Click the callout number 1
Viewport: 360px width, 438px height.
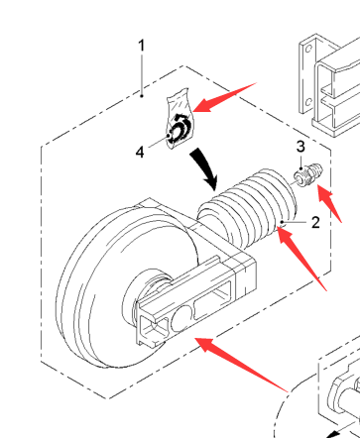coord(142,46)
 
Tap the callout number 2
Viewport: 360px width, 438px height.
coord(315,223)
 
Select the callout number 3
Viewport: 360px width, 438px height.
coord(300,147)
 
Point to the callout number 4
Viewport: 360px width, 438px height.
coord(140,153)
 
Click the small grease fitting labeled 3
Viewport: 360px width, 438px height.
coord(308,175)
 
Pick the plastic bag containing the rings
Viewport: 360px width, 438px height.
coord(180,118)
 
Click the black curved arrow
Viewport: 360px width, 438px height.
coord(204,168)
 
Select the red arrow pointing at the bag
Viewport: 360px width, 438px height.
coord(225,97)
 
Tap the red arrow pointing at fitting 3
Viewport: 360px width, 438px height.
coord(329,203)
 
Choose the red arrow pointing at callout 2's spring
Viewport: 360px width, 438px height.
coord(301,259)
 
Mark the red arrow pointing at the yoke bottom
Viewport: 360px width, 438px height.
coord(241,365)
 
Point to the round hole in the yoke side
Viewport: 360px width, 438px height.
coord(181,318)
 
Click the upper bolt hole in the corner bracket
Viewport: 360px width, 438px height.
coord(308,50)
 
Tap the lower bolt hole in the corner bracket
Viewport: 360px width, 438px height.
coord(308,102)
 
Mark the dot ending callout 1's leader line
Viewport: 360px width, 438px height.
coord(142,96)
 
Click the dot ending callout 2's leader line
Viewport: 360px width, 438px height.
coord(282,222)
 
